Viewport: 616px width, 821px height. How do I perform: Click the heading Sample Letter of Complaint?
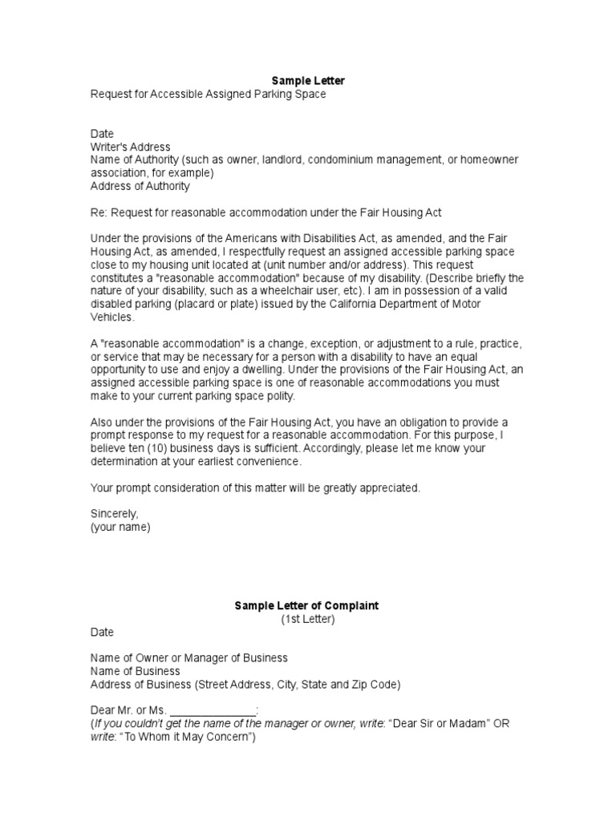306,605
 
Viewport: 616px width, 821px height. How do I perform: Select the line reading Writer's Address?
130,147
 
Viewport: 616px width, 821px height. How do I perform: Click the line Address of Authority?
140,186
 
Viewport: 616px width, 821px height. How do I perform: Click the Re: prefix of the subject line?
99,212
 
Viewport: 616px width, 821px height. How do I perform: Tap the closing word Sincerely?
114,514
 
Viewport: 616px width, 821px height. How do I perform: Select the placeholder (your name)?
120,527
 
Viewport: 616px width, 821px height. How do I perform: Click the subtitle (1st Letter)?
307,619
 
